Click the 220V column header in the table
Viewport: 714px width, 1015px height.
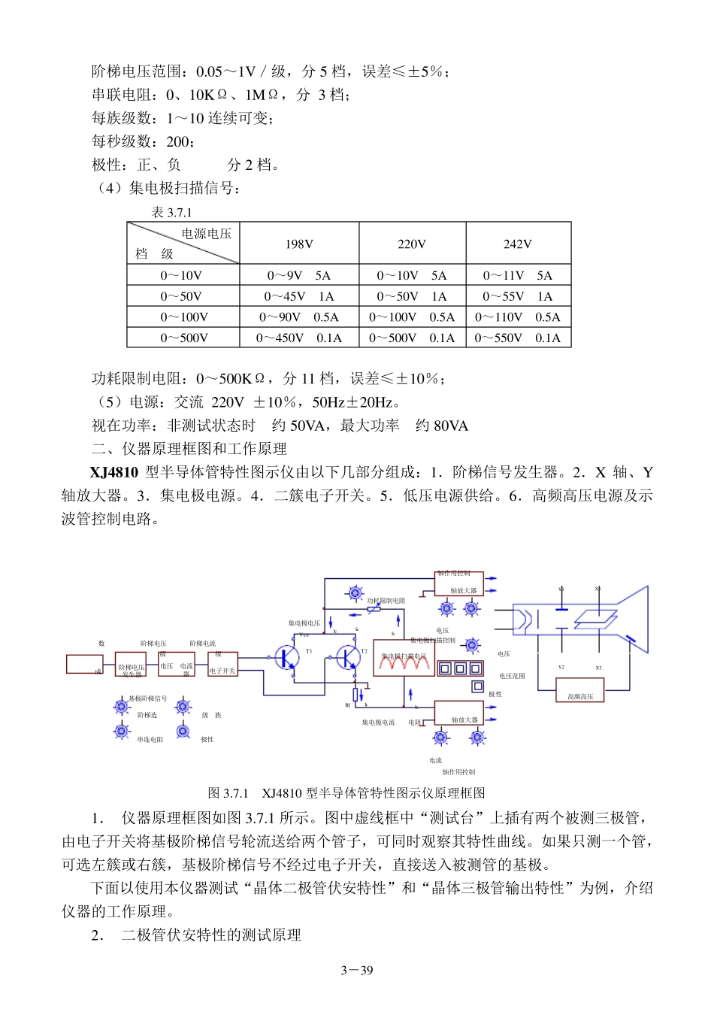[x=412, y=244]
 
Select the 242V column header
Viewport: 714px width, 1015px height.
[x=518, y=244]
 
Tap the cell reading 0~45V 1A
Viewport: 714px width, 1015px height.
[x=298, y=296]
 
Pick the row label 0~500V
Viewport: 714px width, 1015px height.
[x=183, y=338]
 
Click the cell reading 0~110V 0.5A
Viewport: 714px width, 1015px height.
[x=518, y=317]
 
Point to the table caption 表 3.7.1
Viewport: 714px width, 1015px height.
[x=171, y=212]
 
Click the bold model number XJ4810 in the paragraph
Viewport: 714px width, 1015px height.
[x=113, y=472]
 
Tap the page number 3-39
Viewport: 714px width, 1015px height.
[x=356, y=970]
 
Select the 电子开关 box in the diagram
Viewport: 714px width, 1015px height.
[x=222, y=665]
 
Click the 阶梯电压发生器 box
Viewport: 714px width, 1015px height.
[x=131, y=665]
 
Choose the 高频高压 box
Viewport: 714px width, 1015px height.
[x=579, y=691]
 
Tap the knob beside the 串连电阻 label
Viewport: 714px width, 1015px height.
[x=122, y=731]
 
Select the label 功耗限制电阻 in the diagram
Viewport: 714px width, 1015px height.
[x=386, y=601]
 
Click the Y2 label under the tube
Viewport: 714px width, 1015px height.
[x=561, y=667]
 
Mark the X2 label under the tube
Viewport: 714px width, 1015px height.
[x=598, y=667]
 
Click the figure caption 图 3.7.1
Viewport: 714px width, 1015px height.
[x=228, y=792]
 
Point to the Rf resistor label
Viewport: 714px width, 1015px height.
[x=348, y=705]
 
